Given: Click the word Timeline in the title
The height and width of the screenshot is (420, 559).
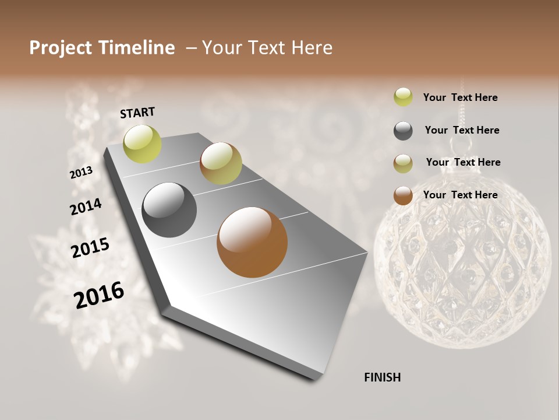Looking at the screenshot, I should pyautogui.click(x=137, y=48).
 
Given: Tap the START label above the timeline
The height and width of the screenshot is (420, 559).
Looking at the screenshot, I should pyautogui.click(x=137, y=113).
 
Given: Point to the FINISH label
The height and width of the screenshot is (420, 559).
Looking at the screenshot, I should pyautogui.click(x=382, y=377).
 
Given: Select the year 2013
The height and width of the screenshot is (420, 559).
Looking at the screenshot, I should pyautogui.click(x=82, y=173).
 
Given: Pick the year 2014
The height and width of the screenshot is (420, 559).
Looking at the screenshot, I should pyautogui.click(x=86, y=206).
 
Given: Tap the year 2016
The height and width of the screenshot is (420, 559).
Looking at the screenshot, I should pyautogui.click(x=99, y=295).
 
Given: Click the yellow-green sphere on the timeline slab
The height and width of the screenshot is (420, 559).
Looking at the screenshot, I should pyautogui.click(x=142, y=143).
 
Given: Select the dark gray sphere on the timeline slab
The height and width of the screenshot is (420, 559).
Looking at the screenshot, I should pyautogui.click(x=169, y=210).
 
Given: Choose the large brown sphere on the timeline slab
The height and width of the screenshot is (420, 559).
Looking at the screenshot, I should pyautogui.click(x=252, y=242).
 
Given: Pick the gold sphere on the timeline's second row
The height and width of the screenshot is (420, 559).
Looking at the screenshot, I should pyautogui.click(x=221, y=163).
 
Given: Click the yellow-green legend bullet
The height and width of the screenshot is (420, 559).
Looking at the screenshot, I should pyautogui.click(x=403, y=97).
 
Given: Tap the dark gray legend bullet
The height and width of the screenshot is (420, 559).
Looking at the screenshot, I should pyautogui.click(x=403, y=131).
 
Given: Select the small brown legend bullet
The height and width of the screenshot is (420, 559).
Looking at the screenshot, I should pyautogui.click(x=403, y=195).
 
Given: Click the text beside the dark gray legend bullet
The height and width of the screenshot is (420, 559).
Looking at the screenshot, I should pyautogui.click(x=462, y=130).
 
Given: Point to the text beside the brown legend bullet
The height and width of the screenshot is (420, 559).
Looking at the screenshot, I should pyautogui.click(x=460, y=195).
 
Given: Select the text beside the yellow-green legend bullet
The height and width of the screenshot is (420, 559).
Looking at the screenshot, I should pyautogui.click(x=460, y=97).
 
